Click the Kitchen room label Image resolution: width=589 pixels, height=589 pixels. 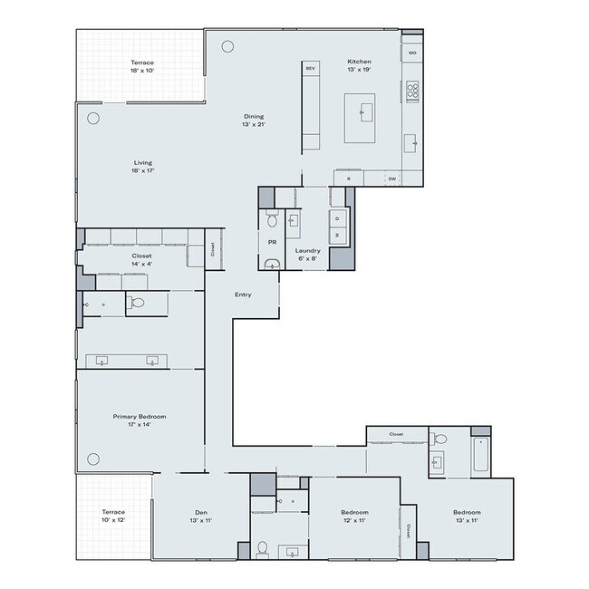point(360,66)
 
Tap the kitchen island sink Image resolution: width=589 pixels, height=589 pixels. point(367,111)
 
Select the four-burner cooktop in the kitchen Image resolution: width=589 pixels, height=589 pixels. point(412,90)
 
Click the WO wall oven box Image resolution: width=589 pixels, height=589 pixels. point(412,53)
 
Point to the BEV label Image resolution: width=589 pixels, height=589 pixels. point(310,69)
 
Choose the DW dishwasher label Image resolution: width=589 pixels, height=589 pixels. point(392,179)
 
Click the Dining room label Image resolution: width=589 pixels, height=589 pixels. point(253,120)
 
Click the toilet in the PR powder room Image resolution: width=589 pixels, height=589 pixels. point(272,220)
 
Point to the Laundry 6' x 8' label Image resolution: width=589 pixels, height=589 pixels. point(308,254)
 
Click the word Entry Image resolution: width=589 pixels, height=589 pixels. point(242,294)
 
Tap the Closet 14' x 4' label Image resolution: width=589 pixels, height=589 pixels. point(141,259)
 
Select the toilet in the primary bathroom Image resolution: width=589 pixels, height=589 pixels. point(135,303)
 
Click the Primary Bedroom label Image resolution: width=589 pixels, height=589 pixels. point(140,420)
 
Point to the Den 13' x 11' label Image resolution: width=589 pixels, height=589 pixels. point(200,516)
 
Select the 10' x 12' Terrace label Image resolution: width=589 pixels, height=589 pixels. point(114,516)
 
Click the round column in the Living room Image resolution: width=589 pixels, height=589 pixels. point(92,118)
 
